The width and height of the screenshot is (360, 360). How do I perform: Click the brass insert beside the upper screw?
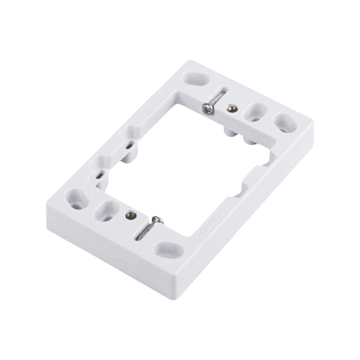(232, 108)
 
